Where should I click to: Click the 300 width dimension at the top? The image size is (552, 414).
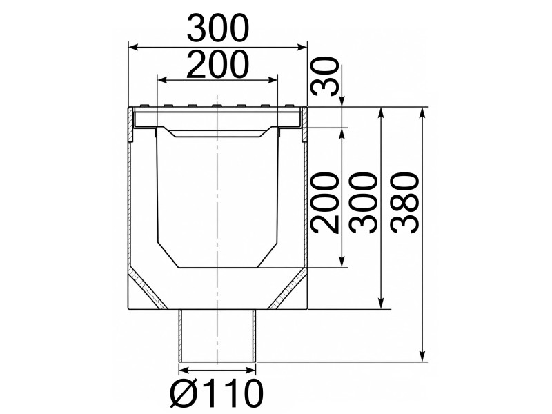pos(218,28)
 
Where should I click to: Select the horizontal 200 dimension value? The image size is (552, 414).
pos(218,64)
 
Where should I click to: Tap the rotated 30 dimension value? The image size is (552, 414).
pos(325,77)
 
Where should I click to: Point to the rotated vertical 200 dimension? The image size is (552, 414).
pos(325,203)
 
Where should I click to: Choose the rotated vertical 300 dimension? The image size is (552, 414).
pos(364,203)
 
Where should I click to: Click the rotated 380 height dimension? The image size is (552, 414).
pos(406,203)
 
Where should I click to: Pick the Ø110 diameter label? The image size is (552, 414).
pos(216,393)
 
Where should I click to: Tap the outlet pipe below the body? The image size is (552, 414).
pos(217,335)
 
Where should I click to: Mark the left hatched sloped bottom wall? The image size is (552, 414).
pos(147,288)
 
